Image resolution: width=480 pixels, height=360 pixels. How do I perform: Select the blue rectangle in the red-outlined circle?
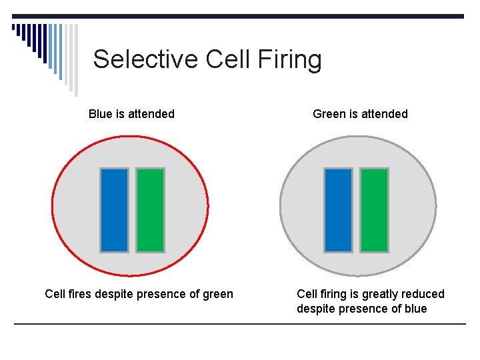114,210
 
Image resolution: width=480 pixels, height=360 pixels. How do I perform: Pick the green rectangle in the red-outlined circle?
150,210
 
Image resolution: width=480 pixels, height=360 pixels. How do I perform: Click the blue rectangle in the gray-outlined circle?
338,210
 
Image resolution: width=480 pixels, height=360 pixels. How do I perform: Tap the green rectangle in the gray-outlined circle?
374,210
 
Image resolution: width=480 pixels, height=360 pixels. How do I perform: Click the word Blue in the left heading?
100,114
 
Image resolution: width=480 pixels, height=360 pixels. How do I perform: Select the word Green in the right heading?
329,114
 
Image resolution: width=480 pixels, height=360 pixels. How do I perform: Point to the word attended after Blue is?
151,114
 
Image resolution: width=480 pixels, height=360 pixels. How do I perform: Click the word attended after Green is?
385,114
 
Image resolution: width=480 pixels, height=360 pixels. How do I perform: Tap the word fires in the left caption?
81,294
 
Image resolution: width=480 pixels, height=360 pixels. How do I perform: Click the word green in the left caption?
217,295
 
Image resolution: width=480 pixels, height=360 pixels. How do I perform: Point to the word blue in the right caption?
415,309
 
